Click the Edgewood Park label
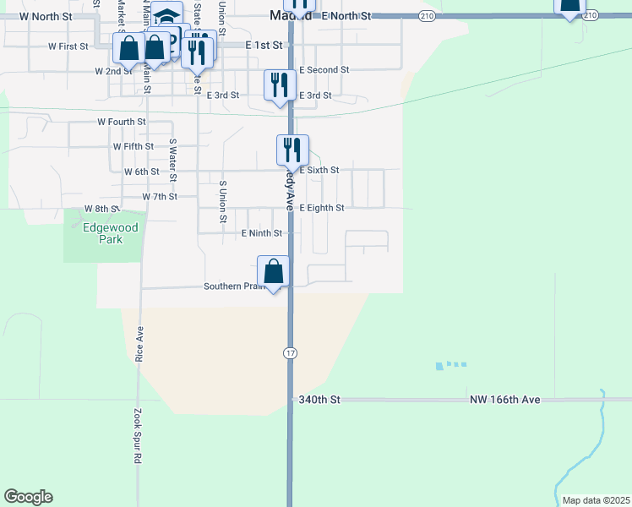click(x=103, y=233)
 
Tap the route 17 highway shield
click(x=290, y=352)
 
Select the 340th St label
click(x=319, y=399)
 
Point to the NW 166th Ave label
click(x=504, y=399)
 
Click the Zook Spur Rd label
click(x=137, y=437)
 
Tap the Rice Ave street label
click(x=140, y=345)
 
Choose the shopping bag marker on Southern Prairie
click(x=274, y=272)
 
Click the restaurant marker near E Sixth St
click(x=292, y=150)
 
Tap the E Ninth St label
click(x=260, y=233)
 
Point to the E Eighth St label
click(x=322, y=208)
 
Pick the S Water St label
click(x=172, y=161)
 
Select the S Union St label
click(x=223, y=202)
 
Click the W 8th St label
click(x=102, y=208)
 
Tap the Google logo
click(x=28, y=497)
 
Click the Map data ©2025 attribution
click(x=595, y=500)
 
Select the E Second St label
click(x=324, y=70)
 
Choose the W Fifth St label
click(x=133, y=146)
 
